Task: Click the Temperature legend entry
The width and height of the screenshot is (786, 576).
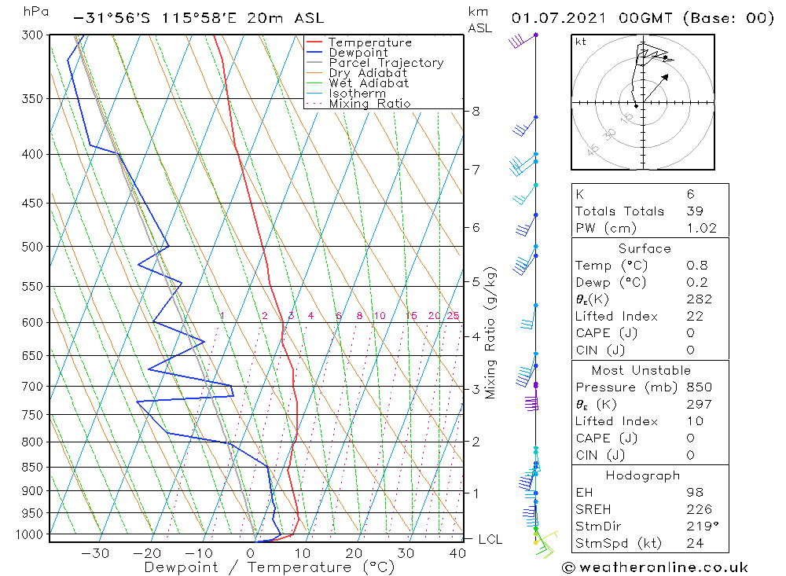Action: point(369,42)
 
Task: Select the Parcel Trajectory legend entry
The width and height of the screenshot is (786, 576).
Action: point(386,63)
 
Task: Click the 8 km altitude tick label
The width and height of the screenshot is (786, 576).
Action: point(476,111)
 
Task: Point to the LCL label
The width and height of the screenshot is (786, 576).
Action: point(490,539)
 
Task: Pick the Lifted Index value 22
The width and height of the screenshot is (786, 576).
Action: point(692,316)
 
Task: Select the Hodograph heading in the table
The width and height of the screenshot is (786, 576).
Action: point(644,475)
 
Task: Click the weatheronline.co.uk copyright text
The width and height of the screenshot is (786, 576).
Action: point(655,567)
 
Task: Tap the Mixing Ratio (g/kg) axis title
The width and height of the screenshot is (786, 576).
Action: point(491,333)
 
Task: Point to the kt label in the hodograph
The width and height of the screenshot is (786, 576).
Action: point(580,42)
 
